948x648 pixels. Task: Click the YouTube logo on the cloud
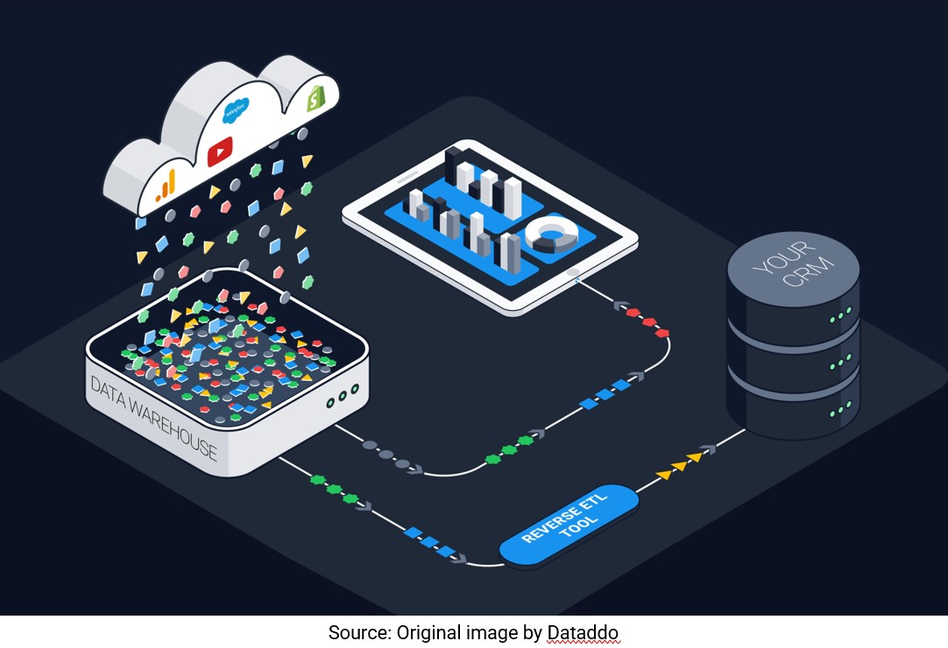tap(220, 151)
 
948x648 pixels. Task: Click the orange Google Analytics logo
tap(166, 185)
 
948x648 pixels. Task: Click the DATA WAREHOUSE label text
tap(153, 415)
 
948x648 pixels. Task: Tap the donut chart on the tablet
tap(553, 235)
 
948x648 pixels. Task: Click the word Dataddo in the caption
tap(584, 632)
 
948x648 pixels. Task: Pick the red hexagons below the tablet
tap(648, 321)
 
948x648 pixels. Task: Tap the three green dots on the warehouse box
tap(341, 397)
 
